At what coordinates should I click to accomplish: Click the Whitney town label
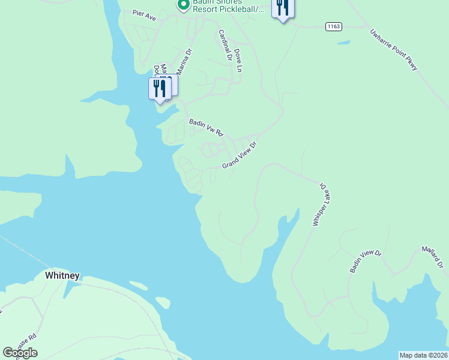click(62, 275)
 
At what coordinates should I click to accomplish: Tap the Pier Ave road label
click(144, 15)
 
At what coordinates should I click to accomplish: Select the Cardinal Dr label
click(225, 45)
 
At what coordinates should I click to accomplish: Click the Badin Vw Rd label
click(206, 127)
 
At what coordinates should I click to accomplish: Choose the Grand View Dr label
click(240, 155)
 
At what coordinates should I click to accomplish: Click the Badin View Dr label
click(366, 262)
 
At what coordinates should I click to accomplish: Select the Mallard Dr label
click(432, 256)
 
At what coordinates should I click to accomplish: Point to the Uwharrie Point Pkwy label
click(394, 50)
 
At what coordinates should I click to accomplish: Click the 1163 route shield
click(334, 26)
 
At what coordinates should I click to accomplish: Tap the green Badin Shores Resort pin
click(184, 5)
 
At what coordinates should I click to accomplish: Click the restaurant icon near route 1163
click(282, 8)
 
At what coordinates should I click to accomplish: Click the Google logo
click(20, 353)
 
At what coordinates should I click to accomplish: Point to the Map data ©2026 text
click(424, 355)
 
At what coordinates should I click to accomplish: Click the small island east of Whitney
click(162, 302)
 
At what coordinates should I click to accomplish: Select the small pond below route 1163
click(343, 43)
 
